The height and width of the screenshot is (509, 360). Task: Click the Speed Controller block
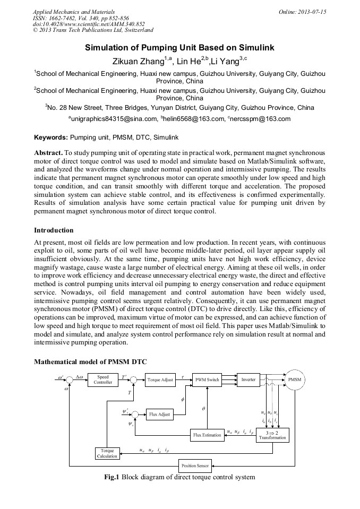click(x=103, y=379)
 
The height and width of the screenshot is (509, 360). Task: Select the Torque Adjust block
click(x=160, y=380)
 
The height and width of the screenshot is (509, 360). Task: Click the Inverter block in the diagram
click(x=248, y=380)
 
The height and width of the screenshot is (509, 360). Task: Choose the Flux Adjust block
click(x=160, y=414)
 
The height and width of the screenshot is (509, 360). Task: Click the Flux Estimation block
click(x=207, y=435)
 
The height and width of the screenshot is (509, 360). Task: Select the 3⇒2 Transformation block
click(x=272, y=435)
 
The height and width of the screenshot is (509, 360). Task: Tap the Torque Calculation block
click(x=107, y=453)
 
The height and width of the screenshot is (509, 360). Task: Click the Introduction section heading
click(x=54, y=230)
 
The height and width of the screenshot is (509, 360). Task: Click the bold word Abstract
click(x=48, y=152)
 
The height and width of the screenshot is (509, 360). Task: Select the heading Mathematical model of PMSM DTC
click(x=90, y=362)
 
